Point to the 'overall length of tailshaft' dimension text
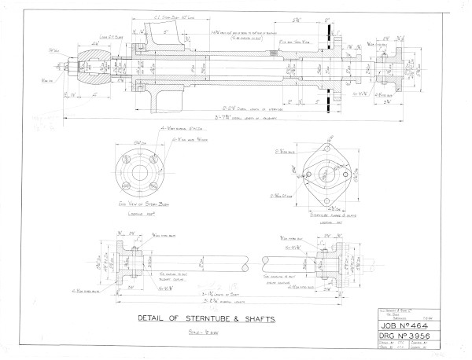coord(236,119)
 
